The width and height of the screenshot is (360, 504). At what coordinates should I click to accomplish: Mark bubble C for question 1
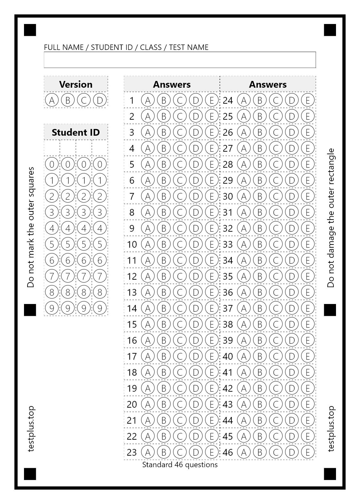coord(180,100)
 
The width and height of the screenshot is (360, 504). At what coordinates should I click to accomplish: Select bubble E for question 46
coord(308,452)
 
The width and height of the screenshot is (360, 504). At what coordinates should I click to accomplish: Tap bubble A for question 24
coord(244,100)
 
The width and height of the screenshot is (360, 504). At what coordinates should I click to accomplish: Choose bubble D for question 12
coord(196,276)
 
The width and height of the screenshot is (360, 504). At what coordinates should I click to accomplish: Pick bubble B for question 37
coord(260,308)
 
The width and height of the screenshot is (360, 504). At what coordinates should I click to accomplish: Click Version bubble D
coord(100,100)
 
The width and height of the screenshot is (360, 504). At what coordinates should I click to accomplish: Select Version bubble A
coord(52,100)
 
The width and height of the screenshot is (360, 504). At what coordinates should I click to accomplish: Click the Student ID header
coord(76,132)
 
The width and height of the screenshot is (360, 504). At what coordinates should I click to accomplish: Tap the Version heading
coord(76,84)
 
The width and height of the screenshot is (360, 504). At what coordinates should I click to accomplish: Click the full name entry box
coord(180,60)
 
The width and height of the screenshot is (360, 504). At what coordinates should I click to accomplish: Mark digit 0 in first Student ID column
coord(52,164)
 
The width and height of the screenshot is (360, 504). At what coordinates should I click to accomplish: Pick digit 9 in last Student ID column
coord(100,308)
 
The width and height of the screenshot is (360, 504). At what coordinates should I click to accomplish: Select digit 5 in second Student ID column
coord(68,244)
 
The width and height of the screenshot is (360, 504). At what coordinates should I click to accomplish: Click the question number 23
coord(132,452)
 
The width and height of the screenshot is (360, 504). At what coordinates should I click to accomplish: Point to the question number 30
coord(228,196)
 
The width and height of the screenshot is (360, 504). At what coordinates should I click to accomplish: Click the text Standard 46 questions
coord(180,464)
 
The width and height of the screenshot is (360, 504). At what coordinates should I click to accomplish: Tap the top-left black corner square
coord(30,30)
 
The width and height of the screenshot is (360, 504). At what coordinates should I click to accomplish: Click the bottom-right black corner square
coord(330,474)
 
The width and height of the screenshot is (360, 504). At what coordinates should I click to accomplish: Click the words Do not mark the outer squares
coord(30,227)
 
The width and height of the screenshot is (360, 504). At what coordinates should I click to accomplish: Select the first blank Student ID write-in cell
coord(52,148)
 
